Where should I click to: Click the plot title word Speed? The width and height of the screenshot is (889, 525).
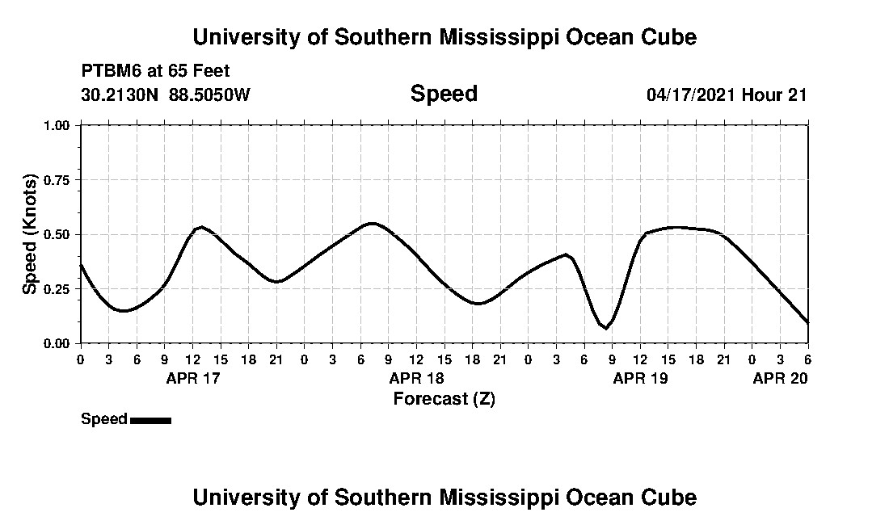tap(444, 94)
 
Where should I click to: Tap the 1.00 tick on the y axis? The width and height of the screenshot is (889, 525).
tap(60, 125)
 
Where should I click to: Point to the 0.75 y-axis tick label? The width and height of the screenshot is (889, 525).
tap(60, 180)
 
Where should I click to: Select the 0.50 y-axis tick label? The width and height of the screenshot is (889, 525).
tap(60, 234)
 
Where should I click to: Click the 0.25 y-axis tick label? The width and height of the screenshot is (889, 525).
tap(60, 289)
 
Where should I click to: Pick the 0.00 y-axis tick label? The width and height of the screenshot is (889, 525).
tap(60, 343)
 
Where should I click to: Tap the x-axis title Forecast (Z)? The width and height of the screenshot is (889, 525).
tap(444, 398)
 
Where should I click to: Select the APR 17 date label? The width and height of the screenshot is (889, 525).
tap(192, 378)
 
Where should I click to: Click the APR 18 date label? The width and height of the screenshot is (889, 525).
tap(416, 378)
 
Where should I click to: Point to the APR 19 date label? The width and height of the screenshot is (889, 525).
tap(640, 378)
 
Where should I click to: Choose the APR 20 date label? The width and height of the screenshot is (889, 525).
tap(780, 378)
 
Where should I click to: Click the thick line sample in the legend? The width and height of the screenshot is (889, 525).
tap(150, 420)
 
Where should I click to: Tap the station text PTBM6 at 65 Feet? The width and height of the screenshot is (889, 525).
tap(156, 71)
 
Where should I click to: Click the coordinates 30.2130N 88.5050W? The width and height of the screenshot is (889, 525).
tap(166, 94)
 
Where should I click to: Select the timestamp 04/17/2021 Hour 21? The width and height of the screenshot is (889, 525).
tap(727, 94)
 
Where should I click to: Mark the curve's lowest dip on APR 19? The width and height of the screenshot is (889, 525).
tap(605, 328)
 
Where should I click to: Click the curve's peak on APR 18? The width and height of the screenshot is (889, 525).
tap(371, 223)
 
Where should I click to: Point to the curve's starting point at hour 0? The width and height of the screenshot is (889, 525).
tap(81, 265)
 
